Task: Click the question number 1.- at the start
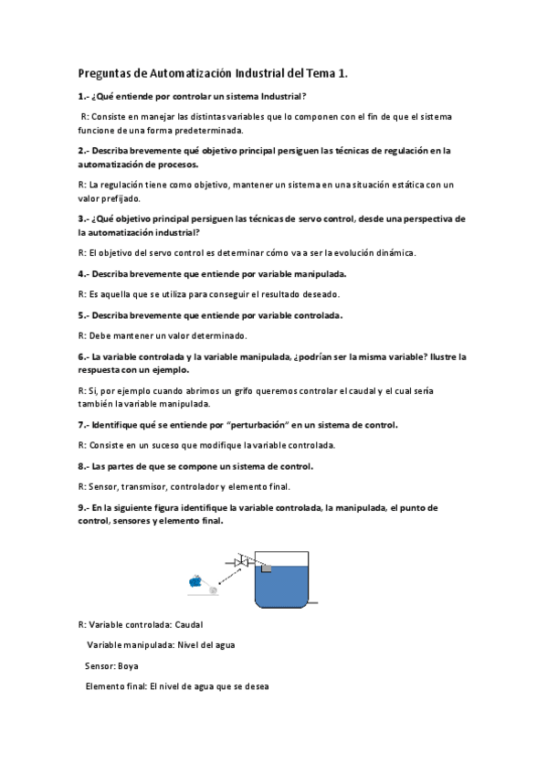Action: tap(83, 97)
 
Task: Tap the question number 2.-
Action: tap(83, 151)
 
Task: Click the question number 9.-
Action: tap(83, 507)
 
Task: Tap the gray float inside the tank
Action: tap(268, 568)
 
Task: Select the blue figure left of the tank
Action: tap(194, 579)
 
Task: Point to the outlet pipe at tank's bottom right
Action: tap(313, 602)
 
